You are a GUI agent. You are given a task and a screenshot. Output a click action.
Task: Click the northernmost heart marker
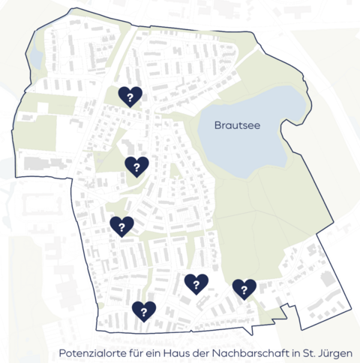(x=130, y=96)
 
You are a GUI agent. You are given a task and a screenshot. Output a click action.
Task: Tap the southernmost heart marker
(x=143, y=310)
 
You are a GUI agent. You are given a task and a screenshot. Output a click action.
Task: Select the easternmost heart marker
(x=244, y=289)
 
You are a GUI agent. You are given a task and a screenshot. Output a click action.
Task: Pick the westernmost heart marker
(x=121, y=226)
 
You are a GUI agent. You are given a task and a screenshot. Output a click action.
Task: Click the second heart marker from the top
(x=136, y=166)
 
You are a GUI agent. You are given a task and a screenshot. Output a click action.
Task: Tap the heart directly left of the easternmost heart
(x=196, y=283)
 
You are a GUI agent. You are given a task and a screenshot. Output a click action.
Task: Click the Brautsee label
(x=237, y=125)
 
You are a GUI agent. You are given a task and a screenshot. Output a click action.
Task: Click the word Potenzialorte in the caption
(x=91, y=352)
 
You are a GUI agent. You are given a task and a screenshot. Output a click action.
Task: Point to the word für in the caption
(x=136, y=352)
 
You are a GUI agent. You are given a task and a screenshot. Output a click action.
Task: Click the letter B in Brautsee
(x=217, y=125)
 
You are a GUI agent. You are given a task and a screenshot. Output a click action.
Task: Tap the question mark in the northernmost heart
(x=130, y=94)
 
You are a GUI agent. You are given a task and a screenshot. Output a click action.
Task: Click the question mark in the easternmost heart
(x=244, y=287)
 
